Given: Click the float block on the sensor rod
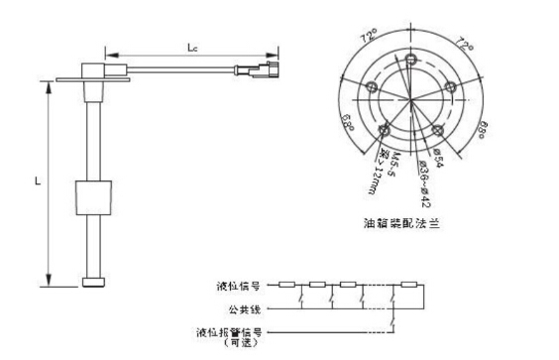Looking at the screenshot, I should point(97,195).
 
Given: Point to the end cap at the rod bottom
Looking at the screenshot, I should point(96,282).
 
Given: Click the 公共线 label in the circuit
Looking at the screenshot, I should point(244,307).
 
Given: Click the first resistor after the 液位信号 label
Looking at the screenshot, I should point(285,286).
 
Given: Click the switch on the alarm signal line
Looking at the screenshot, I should point(396,319).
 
